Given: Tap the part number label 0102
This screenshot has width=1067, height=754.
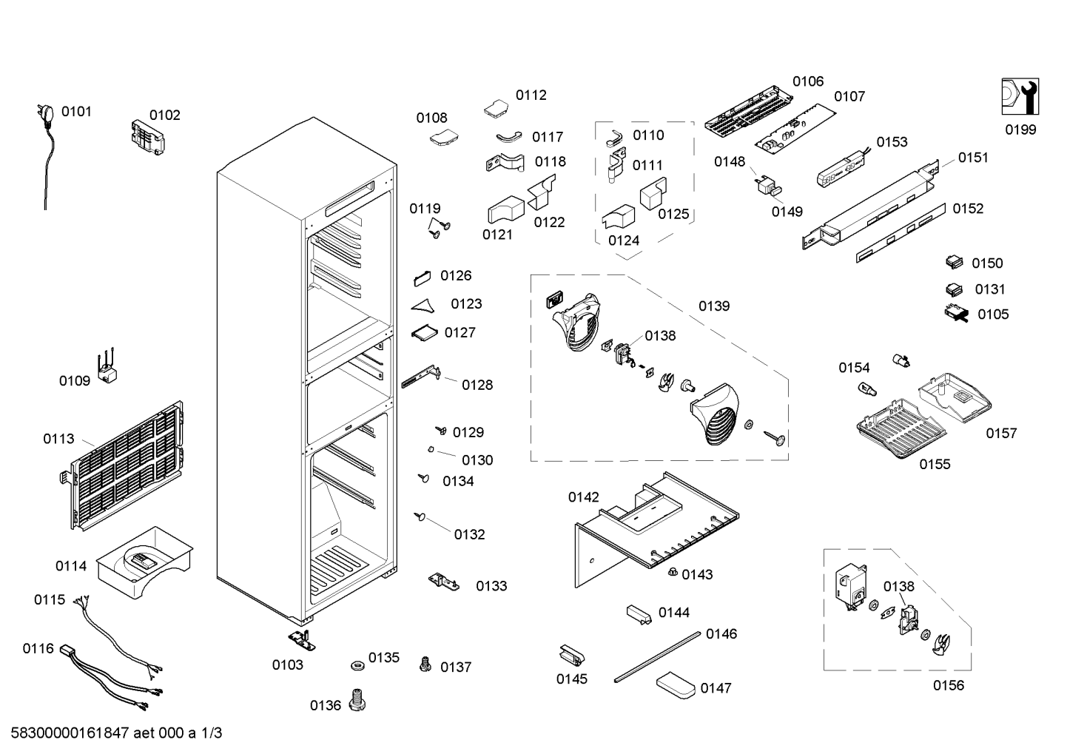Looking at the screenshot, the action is pos(165,115).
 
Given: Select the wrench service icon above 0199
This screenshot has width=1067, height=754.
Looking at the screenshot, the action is pos(1020,97).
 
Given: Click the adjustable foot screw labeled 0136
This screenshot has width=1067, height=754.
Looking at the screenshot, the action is pos(357,700).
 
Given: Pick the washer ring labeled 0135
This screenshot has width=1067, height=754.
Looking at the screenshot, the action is pos(357,665).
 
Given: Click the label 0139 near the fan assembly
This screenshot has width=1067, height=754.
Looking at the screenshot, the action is pos(714,306).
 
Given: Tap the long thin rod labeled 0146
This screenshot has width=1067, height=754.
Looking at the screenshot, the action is pos(657,657).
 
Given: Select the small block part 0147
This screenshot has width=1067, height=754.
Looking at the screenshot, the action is pos(676,685).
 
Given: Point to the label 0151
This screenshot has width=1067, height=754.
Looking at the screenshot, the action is pos(973,158).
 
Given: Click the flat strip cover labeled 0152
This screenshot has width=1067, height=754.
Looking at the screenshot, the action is pos(901,233).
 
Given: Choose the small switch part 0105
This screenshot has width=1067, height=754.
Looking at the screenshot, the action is pos(957,313).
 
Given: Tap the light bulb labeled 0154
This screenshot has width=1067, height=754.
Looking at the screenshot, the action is pos(867,390).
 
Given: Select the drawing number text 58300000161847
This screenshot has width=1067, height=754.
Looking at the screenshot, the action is pos(70,733).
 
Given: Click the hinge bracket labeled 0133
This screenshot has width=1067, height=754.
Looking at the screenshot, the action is pos(444,582).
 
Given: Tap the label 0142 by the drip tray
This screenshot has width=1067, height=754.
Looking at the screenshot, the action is pos(584,497).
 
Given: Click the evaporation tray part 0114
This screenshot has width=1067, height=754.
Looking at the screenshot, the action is pos(145,562).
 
